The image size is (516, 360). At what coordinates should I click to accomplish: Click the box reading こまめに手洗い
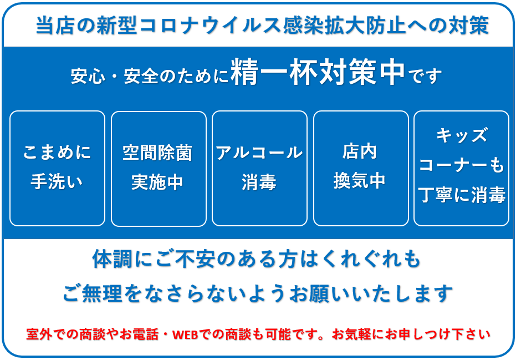coord(57,168)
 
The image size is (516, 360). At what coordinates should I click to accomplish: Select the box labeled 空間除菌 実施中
coord(159,169)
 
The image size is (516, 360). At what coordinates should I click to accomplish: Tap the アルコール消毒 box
coord(259,168)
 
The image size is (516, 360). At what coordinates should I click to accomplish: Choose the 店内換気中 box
coord(361,168)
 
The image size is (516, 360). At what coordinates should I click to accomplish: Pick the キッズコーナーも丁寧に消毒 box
coord(461,168)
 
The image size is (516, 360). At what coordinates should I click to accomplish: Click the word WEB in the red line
coord(185,334)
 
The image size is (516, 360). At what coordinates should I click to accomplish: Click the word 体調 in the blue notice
coord(112,259)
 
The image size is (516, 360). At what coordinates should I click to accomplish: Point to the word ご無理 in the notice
coord(93,293)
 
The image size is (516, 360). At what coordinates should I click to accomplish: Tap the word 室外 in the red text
coord(39,334)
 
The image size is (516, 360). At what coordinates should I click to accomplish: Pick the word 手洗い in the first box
coord(57,181)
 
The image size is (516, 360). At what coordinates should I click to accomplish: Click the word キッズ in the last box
coord(462,135)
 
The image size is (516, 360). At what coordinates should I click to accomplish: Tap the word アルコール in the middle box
coord(259,153)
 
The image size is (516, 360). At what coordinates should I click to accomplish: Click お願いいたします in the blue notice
coord(371,293)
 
